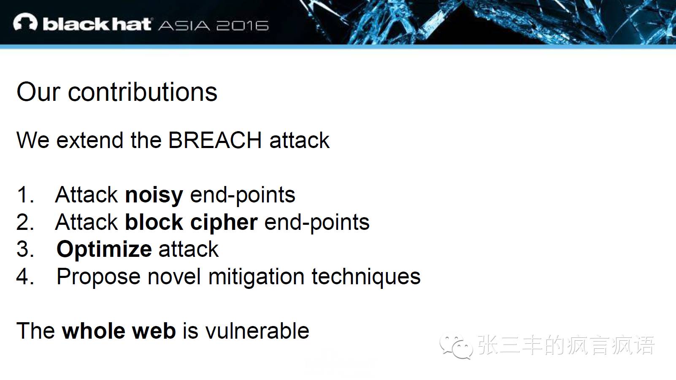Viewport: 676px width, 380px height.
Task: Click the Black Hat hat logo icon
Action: pyautogui.click(x=25, y=22)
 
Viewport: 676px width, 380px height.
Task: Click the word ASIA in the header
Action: pyautogui.click(x=184, y=26)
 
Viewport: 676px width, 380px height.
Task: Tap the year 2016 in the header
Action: pyautogui.click(x=242, y=26)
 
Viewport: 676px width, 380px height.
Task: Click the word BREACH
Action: pyautogui.click(x=215, y=140)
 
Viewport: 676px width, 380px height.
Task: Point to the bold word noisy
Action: pyautogui.click(x=154, y=195)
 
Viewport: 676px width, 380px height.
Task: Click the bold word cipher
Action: pyautogui.click(x=224, y=223)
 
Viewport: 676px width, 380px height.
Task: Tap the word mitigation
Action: pyautogui.click(x=256, y=277)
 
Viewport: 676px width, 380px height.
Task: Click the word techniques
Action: pyautogui.click(x=366, y=277)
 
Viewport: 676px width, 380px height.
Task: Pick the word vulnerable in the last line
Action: pyautogui.click(x=257, y=331)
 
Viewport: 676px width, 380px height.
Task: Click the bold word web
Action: pyautogui.click(x=154, y=331)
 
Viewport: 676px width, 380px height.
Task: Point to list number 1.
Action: pyautogui.click(x=25, y=195)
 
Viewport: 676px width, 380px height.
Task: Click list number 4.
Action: pyautogui.click(x=25, y=277)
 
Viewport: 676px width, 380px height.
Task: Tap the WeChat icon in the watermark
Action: pyautogui.click(x=456, y=347)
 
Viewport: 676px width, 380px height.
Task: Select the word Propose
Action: pyautogui.click(x=98, y=277)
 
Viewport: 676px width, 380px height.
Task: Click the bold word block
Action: pyautogui.click(x=154, y=222)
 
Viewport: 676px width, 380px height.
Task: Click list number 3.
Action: pyautogui.click(x=25, y=249)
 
